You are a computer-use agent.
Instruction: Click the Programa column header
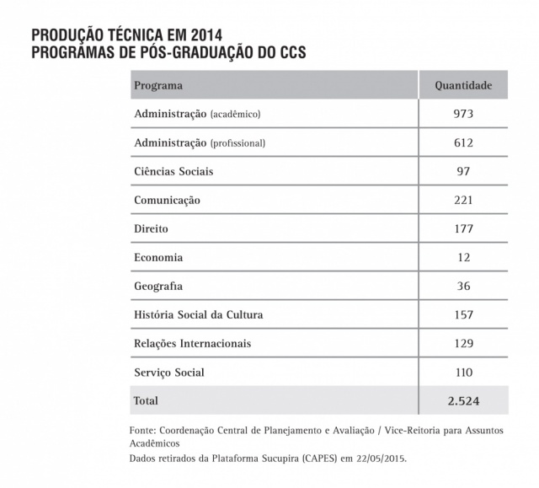click(x=158, y=86)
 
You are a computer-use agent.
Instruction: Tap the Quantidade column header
click(x=463, y=86)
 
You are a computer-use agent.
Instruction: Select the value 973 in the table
click(x=463, y=114)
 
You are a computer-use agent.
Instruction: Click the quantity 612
click(x=463, y=142)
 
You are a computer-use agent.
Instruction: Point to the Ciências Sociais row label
click(x=173, y=171)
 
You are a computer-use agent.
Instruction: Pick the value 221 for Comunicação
click(x=463, y=200)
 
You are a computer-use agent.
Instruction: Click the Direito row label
click(x=152, y=228)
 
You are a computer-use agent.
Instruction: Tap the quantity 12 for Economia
click(x=463, y=257)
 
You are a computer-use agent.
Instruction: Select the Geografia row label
click(x=158, y=287)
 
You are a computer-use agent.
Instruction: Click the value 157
click(x=463, y=315)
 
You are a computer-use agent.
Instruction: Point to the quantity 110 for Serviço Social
click(x=463, y=373)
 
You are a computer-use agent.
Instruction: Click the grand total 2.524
click(x=463, y=400)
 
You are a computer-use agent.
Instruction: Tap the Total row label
click(x=146, y=400)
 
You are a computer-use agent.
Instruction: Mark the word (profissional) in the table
click(x=237, y=143)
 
